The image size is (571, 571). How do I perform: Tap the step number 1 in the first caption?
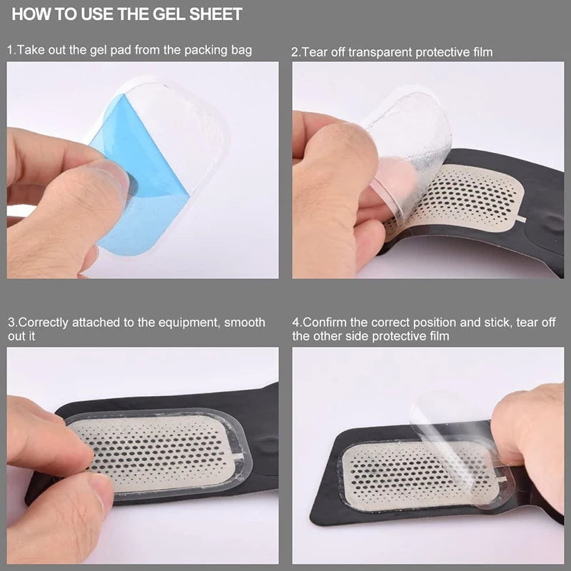point(11,51)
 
